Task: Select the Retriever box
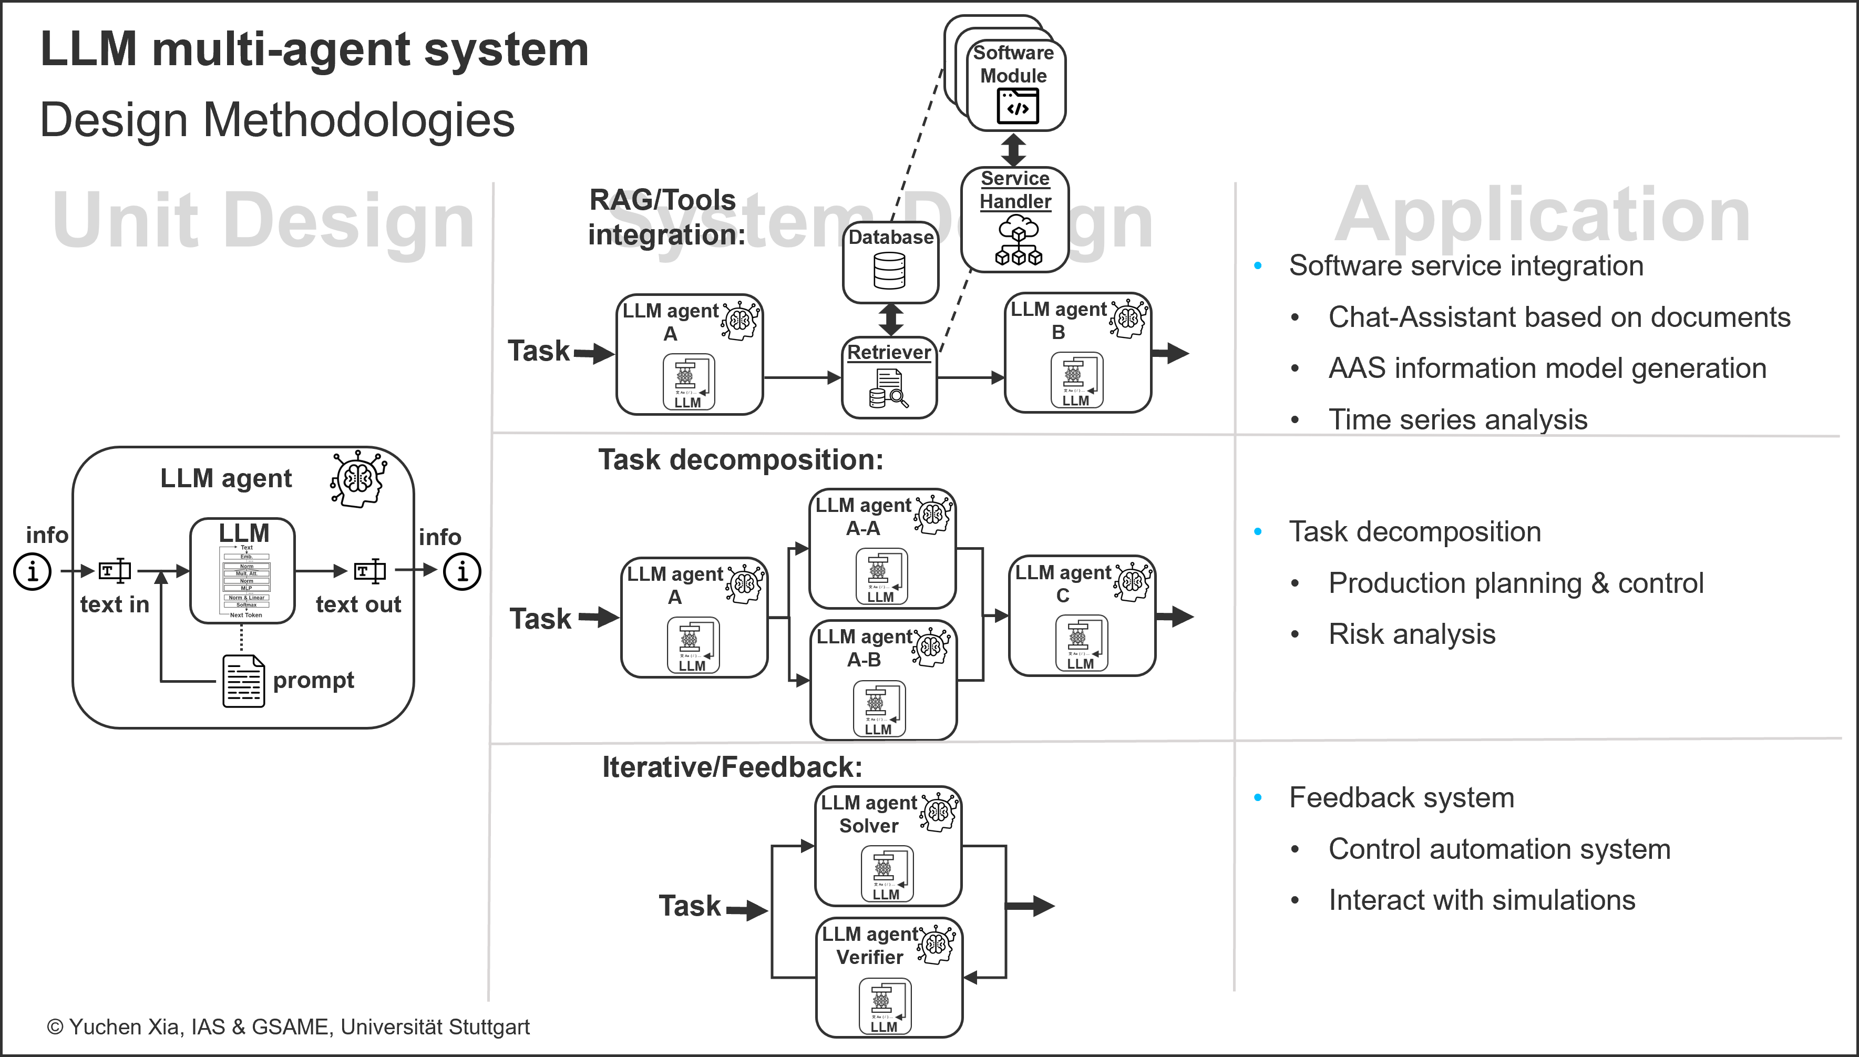pos(889,377)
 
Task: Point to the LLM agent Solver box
pos(888,846)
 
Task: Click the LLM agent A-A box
pos(881,548)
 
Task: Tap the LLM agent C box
pos(1082,615)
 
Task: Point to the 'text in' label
pos(114,604)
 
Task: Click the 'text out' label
pos(358,604)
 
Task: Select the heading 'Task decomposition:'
pos(741,459)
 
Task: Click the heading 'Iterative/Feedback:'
pos(732,767)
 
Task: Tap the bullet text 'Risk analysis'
pos(1411,634)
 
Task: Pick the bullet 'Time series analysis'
pos(1457,419)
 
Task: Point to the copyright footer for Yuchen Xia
pos(288,1027)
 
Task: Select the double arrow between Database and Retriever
pos(891,320)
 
